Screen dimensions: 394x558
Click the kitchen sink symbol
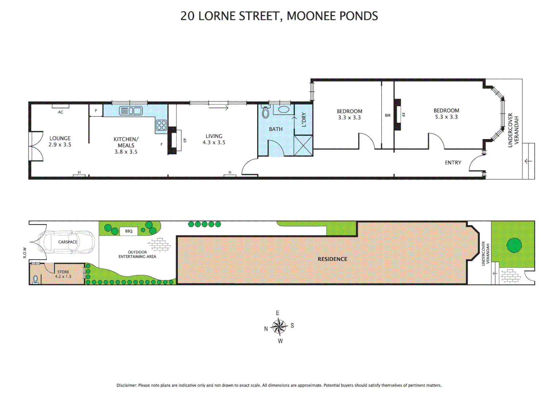tap(131, 111)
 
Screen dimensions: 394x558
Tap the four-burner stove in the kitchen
tap(161, 125)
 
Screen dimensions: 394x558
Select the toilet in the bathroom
tap(265, 112)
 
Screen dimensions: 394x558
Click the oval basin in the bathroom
tap(284, 109)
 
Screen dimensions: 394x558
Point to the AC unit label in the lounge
tap(61, 112)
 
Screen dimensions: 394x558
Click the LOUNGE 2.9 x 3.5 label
tap(60, 142)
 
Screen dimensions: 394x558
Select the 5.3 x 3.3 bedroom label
tap(446, 114)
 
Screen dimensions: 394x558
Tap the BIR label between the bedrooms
tap(387, 115)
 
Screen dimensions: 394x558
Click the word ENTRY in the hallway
tap(453, 163)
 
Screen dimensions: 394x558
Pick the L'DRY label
tap(304, 120)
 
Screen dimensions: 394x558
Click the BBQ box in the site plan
tap(129, 231)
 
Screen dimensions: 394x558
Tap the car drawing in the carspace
tap(68, 242)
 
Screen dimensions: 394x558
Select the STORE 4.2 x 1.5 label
tap(63, 274)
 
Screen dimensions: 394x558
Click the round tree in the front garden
tap(514, 245)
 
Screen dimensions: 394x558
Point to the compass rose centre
tap(279, 327)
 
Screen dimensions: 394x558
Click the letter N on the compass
tap(266, 329)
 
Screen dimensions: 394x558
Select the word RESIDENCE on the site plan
tap(332, 259)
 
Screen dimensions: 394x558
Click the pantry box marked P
tap(96, 111)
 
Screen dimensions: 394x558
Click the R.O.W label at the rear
tap(25, 252)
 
